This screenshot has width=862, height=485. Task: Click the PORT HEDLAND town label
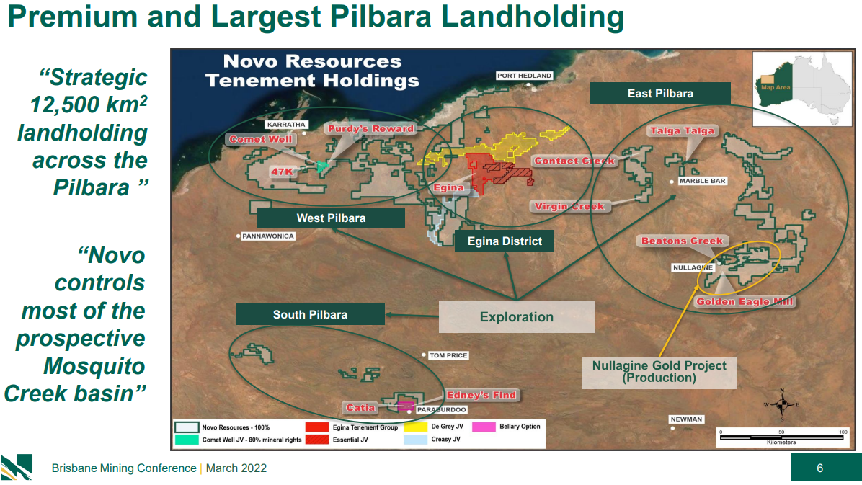point(524,76)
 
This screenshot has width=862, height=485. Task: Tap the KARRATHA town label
point(286,125)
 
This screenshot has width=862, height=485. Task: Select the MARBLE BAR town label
point(702,181)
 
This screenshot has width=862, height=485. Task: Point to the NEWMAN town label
point(686,419)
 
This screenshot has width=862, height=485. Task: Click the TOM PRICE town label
point(448,355)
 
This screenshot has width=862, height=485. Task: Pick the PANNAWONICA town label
point(268,236)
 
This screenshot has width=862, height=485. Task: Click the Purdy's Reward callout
point(370,129)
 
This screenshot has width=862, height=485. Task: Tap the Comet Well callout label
point(261,139)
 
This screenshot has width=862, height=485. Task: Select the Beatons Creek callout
point(682,241)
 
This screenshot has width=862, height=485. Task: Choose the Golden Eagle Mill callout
point(745,301)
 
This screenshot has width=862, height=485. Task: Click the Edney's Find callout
point(481,395)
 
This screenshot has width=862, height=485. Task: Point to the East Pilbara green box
point(660,93)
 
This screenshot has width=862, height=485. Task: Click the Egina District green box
point(504,241)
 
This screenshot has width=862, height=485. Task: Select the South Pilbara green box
point(310,314)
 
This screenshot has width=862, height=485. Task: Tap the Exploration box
point(516,317)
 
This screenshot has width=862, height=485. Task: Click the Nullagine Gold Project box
point(659,372)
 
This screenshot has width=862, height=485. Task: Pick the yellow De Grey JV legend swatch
point(416,427)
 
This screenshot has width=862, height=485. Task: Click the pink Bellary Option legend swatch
point(484,427)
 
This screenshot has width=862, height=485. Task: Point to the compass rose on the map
point(782,405)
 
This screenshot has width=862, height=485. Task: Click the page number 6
point(819,468)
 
